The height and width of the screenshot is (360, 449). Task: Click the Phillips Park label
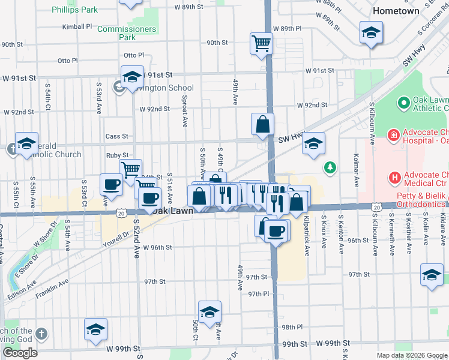(74, 10)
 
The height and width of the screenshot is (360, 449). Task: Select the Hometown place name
(396, 11)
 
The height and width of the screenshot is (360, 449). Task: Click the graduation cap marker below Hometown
(372, 32)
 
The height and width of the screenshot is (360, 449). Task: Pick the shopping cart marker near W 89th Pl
(261, 43)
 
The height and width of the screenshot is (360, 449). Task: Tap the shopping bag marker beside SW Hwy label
(262, 124)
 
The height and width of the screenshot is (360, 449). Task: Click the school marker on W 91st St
(132, 77)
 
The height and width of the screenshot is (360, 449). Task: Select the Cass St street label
(117, 136)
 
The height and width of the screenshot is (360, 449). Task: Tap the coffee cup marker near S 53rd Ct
(111, 184)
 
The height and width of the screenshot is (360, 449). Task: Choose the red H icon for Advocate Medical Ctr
(394, 177)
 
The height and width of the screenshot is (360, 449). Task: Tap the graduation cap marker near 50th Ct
(209, 312)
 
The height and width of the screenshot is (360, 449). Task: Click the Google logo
(20, 353)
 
